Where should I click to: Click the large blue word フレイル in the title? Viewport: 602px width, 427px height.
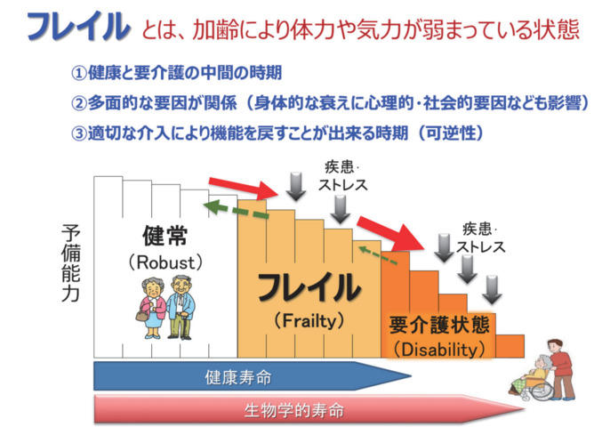coord(79,26)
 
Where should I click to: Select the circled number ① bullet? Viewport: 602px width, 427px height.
coord(79,73)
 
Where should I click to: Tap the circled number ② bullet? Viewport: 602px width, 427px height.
coord(79,103)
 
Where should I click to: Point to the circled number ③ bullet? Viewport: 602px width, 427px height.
coord(79,133)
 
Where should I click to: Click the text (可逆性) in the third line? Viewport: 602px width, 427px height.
coord(451,133)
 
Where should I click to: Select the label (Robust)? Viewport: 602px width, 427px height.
coord(165,262)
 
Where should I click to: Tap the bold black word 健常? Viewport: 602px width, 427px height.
coord(165,236)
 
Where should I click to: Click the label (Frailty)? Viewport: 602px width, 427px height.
coord(309,321)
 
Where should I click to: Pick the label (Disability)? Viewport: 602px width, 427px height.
coord(440,350)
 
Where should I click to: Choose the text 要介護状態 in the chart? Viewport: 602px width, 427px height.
coord(439,325)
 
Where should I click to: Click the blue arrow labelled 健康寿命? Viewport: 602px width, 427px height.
coord(253,376)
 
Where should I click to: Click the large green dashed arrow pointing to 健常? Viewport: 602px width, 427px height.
coord(237,210)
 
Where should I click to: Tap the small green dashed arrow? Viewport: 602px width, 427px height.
coord(378,256)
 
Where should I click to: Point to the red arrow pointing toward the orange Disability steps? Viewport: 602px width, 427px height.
coord(391,233)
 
